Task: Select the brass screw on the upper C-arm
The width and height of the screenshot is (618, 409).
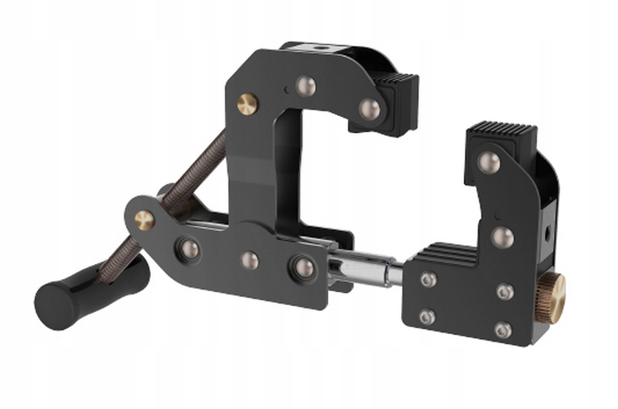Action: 246,103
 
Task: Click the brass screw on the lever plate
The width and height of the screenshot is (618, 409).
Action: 144,220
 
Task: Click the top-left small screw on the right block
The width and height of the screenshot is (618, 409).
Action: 428,280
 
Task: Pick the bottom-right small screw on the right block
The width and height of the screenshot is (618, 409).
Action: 503,329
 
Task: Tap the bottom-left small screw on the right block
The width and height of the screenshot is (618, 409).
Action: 427,317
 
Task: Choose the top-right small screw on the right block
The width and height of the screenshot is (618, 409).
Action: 505,291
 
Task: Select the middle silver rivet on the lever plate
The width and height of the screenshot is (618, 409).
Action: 249,260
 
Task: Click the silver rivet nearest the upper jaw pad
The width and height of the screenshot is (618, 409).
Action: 369,109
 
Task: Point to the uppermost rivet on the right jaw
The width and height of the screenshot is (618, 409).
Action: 489,161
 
